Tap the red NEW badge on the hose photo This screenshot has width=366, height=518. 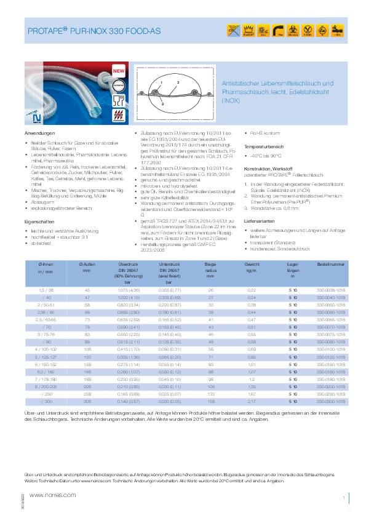click(118, 71)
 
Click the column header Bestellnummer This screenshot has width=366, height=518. click(329, 265)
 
